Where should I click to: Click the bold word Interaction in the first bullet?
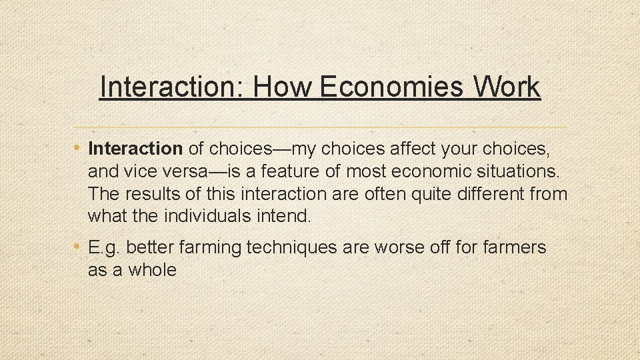pos(135,147)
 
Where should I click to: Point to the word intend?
pos(288,217)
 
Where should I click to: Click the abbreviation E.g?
pos(104,248)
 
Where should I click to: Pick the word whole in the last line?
pos(153,270)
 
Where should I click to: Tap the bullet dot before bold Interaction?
pos(79,147)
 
